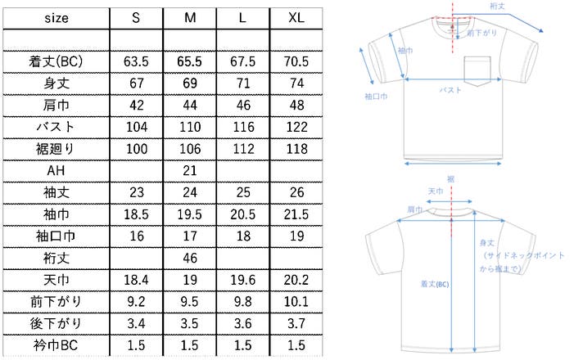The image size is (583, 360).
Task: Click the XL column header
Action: coord(296,18)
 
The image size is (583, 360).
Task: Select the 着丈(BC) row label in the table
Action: coord(56,61)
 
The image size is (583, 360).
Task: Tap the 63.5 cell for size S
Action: coord(136,61)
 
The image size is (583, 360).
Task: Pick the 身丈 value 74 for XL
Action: coord(296,83)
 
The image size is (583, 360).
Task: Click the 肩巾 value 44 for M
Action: coord(190,106)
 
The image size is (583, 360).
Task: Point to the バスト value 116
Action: coord(243,127)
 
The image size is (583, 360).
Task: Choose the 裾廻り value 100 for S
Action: coord(137,149)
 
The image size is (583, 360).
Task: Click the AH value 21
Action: coord(190,170)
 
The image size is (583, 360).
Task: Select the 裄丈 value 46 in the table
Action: coord(190,258)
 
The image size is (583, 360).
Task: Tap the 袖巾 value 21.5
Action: coord(296,214)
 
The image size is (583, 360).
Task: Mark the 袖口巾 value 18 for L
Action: coord(243,236)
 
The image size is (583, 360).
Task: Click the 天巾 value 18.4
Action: coord(136,280)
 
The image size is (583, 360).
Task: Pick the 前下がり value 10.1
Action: coord(296,301)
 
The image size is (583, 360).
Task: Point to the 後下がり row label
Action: coord(56,323)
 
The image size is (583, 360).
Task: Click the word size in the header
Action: coord(56,18)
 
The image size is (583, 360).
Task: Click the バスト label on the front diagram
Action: coord(450,90)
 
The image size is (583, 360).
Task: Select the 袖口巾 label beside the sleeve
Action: coord(376,97)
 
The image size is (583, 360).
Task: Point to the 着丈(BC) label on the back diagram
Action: coord(435,284)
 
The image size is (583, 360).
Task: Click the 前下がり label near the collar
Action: coord(481,33)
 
